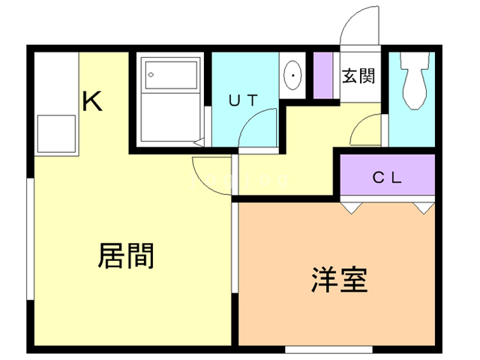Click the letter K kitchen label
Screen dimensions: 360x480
click(91, 100)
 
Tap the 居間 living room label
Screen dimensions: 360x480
click(125, 256)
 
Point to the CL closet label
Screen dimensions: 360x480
click(388, 178)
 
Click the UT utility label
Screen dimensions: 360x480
click(243, 100)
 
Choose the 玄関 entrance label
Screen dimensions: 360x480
click(358, 76)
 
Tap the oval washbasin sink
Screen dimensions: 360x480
click(292, 74)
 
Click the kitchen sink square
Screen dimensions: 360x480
click(55, 133)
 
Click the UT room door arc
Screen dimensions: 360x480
click(259, 126)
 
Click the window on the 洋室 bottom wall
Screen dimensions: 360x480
click(328, 349)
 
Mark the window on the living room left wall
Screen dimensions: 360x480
click(30, 239)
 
